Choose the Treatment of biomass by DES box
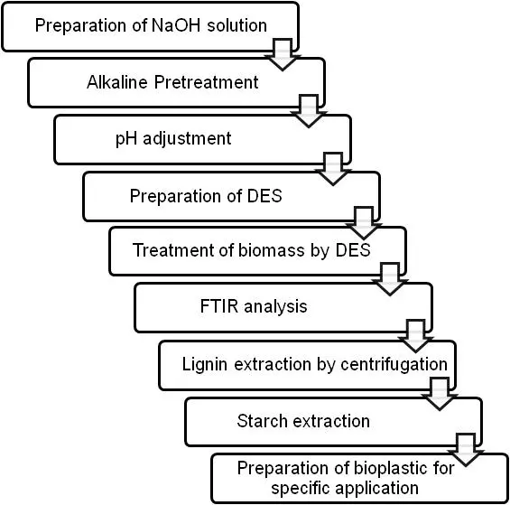point(251,250)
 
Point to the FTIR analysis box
point(254,306)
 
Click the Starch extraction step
point(303,420)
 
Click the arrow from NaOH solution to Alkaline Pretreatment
point(283,54)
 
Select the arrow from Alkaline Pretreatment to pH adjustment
point(309,110)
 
